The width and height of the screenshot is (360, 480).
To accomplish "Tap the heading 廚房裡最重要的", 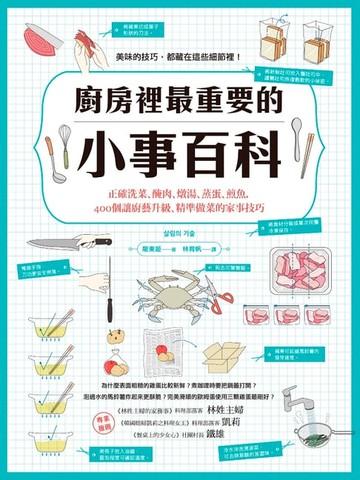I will tap(180, 104).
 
